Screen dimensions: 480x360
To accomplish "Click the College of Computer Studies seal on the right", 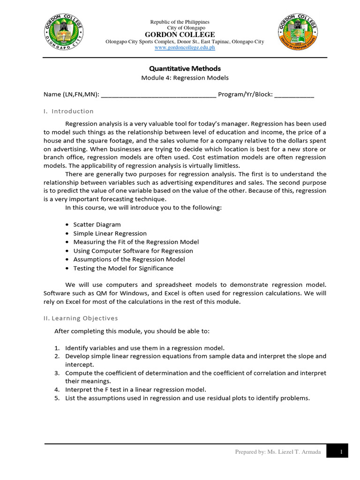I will [297, 32].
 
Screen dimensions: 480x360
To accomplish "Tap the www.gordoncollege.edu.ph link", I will [180, 48].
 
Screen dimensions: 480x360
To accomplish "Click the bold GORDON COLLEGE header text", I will [180, 35].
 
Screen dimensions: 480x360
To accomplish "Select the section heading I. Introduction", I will [68, 111].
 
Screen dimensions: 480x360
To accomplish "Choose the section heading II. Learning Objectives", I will [81, 318].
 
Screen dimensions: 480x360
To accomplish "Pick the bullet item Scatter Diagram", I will [97, 225].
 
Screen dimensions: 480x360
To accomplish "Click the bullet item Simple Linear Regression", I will [110, 233].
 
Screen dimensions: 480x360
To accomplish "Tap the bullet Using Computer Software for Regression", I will [133, 251].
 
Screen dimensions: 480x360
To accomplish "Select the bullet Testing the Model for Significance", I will [123, 268].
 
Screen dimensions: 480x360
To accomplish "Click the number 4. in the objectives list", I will [57, 390].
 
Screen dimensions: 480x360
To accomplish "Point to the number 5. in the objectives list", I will [57, 398].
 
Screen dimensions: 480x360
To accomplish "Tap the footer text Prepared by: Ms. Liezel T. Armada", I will [278, 451].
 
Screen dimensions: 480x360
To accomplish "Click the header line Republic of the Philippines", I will [180, 22].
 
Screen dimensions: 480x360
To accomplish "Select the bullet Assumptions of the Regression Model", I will [129, 259].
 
